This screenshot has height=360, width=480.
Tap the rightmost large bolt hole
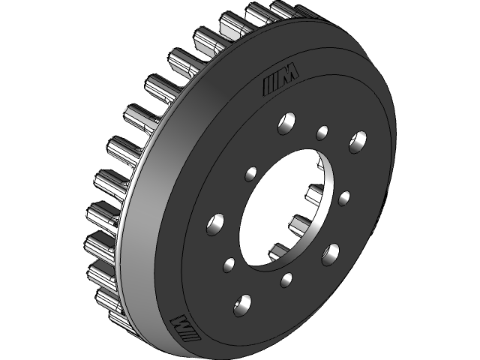(357, 140)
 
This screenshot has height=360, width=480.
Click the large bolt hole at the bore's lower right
(331, 253)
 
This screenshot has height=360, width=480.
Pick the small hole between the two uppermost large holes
(322, 133)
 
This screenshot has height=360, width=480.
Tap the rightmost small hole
(344, 198)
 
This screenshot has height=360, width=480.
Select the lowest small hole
(286, 280)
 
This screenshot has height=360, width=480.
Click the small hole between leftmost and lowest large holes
(229, 264)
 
